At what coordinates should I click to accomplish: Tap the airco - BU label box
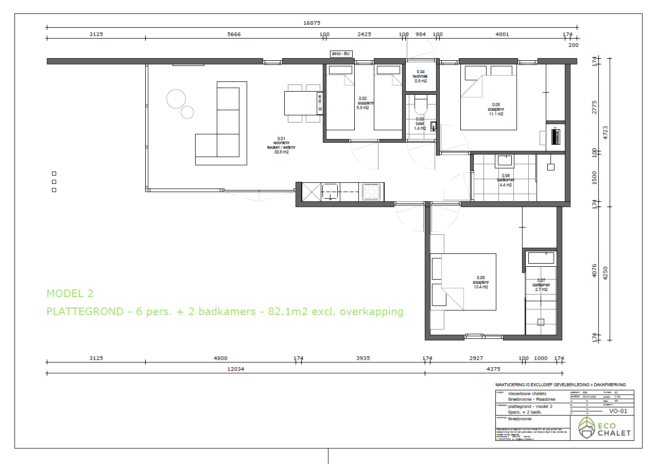coord(341,54)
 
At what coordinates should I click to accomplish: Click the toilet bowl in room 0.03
coord(420,105)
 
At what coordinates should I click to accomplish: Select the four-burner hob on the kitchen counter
coord(371,192)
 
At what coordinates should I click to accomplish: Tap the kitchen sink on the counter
coord(330,192)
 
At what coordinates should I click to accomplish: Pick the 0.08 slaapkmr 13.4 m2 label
coord(480,283)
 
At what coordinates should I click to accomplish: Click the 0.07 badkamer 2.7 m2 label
coord(541,285)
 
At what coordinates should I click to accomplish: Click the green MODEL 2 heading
coord(70,294)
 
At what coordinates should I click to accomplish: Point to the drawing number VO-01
coord(618,411)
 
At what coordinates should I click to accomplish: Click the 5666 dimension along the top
coord(234,35)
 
